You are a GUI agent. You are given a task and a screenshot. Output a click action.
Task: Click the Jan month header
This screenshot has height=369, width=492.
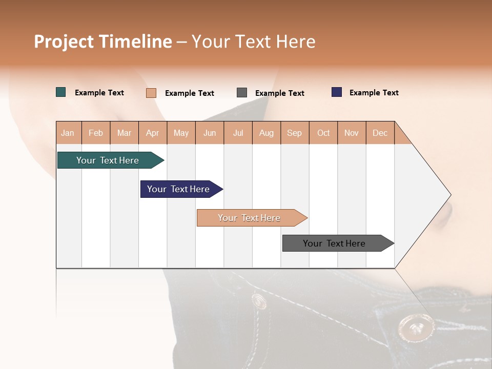tap(68, 133)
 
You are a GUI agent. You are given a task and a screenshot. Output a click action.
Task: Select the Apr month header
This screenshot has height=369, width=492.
tap(152, 133)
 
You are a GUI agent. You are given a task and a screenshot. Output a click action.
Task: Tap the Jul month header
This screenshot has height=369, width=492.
tap(238, 133)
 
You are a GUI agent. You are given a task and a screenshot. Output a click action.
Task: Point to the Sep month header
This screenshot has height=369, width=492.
tap(294, 133)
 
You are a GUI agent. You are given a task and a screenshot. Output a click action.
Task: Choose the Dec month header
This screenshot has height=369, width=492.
tap(380, 133)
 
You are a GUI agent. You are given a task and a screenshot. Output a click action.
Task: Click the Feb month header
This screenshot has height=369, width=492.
tap(96, 133)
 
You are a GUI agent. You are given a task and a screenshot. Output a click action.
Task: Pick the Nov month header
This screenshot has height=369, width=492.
tap(352, 133)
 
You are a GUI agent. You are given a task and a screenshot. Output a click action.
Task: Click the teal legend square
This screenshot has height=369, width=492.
tap(61, 92)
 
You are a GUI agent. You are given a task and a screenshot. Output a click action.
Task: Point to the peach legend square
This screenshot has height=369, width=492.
tap(151, 93)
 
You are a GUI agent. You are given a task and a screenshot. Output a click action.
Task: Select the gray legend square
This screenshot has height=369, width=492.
tap(242, 93)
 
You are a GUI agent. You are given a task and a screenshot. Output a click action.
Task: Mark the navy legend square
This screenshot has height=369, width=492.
tap(337, 92)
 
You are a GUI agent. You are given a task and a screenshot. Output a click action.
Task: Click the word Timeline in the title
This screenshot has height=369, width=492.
tap(135, 42)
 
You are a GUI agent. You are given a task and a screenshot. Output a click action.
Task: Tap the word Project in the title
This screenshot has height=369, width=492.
tap(64, 42)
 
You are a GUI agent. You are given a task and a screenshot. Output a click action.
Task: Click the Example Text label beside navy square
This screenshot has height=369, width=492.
tap(374, 93)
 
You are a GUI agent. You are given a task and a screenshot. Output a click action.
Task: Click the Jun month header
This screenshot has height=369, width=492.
tap(210, 133)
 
